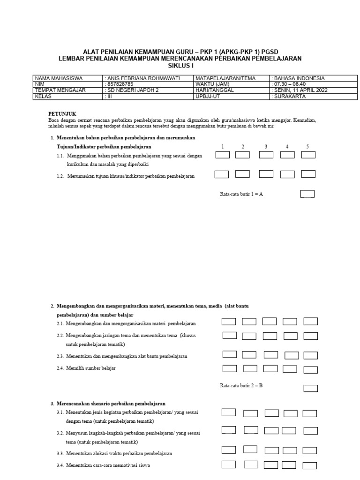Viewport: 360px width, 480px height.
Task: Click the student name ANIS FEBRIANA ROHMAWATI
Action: (137, 78)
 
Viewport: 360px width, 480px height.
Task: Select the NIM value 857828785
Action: (118, 84)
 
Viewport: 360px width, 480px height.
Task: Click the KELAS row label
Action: (43, 97)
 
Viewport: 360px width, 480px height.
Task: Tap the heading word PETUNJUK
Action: (62, 114)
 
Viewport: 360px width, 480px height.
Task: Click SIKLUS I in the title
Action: (180, 66)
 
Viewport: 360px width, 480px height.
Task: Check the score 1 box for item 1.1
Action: (222, 155)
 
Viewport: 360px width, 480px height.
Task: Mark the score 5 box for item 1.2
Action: (308, 174)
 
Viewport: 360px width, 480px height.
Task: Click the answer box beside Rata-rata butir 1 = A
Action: (307, 194)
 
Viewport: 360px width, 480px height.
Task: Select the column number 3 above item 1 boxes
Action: (266, 147)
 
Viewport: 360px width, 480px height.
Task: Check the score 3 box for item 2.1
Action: (270, 322)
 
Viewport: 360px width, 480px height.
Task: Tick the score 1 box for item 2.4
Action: (229, 368)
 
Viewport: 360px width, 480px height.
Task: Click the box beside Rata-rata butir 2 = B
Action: (310, 388)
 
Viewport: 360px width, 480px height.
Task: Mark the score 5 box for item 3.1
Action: (309, 413)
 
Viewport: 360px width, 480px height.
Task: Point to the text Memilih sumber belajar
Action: (91, 368)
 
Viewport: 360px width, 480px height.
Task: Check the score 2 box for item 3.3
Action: (250, 450)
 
